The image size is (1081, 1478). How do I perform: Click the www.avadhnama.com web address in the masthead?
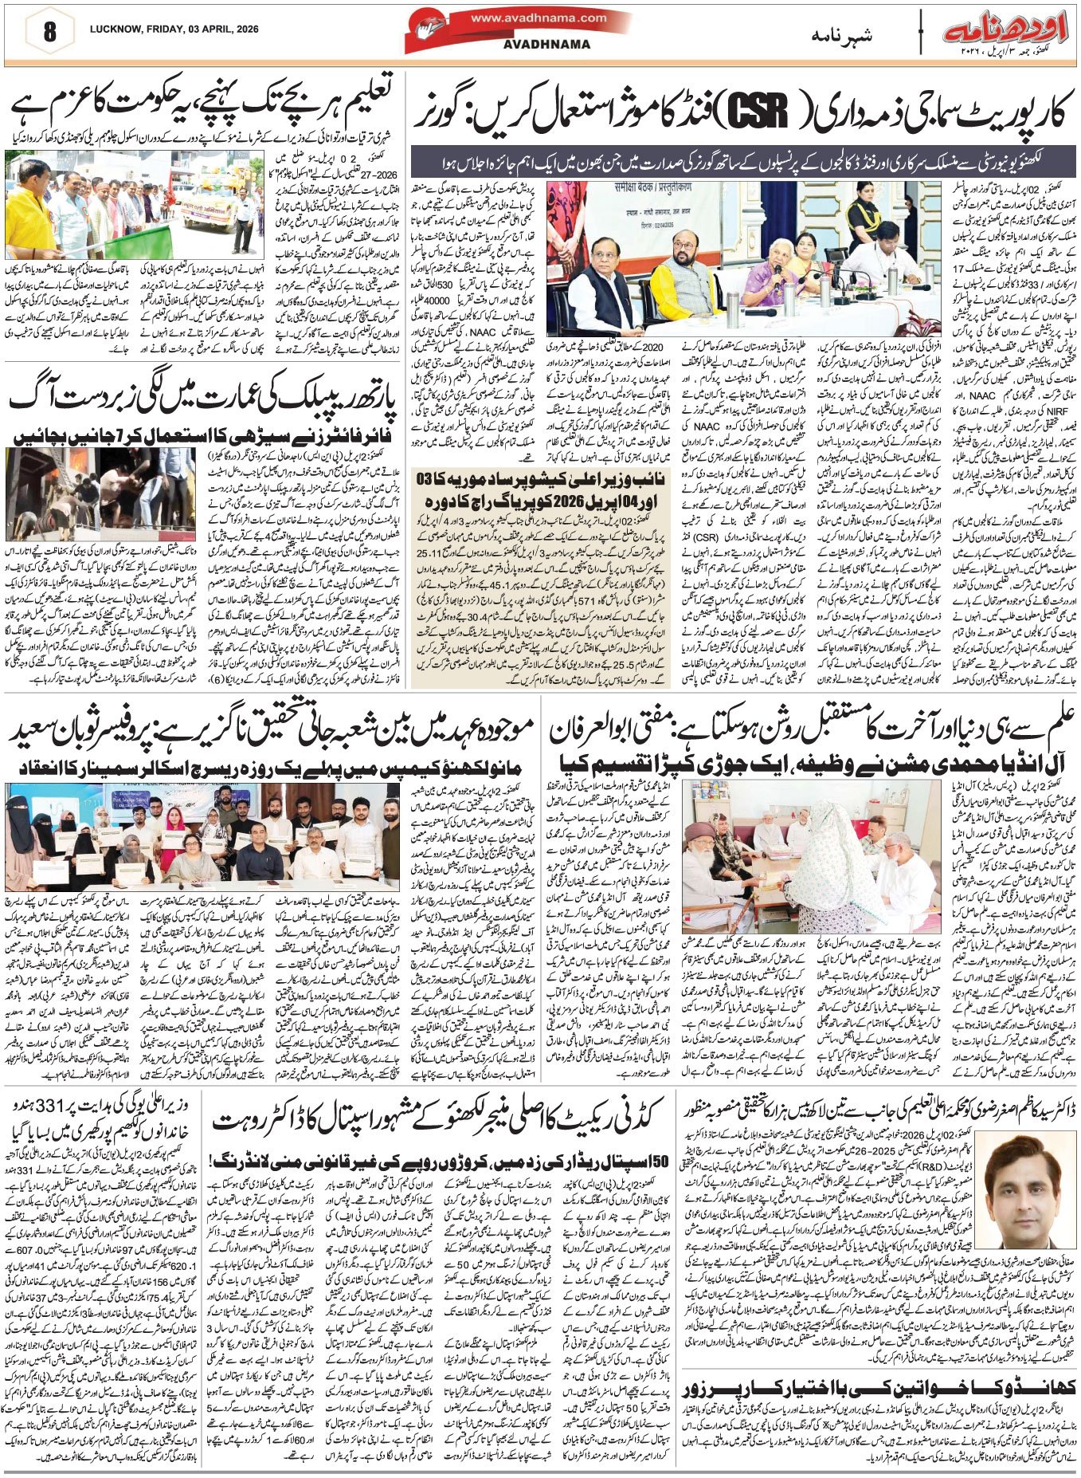[x=539, y=18]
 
